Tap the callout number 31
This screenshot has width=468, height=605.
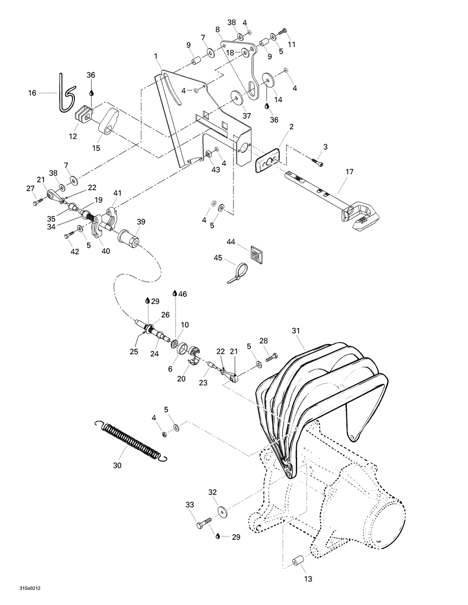pyautogui.click(x=295, y=331)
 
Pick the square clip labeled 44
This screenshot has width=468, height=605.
pyautogui.click(x=256, y=255)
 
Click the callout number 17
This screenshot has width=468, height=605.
pyautogui.click(x=350, y=172)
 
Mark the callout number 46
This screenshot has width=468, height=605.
pyautogui.click(x=183, y=294)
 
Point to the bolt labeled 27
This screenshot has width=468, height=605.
pyautogui.click(x=37, y=202)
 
